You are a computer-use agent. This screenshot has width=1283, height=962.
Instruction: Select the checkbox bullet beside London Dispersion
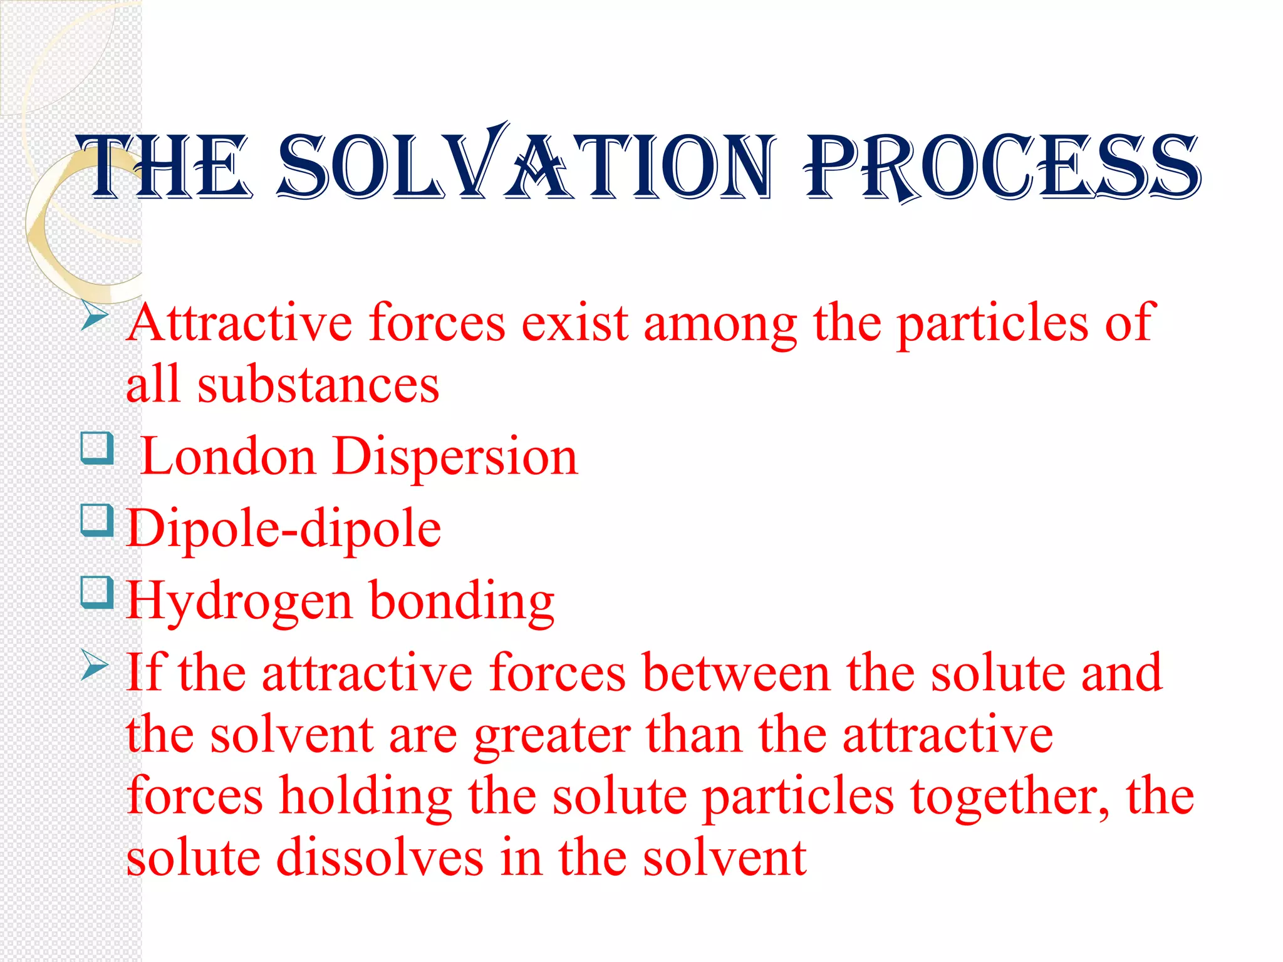pos(97,449)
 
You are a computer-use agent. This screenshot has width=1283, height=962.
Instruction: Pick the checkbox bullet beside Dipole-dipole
pos(97,521)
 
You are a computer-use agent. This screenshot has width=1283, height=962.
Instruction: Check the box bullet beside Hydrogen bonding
pos(97,593)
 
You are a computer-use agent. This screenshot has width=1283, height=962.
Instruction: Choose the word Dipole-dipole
pos(284,529)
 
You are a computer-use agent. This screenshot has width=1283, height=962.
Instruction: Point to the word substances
pos(318,385)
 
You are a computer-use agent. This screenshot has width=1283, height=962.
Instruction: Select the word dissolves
pos(380,857)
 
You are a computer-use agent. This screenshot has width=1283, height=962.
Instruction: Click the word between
pos(736,673)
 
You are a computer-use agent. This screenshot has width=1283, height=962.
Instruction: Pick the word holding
pos(366,797)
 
